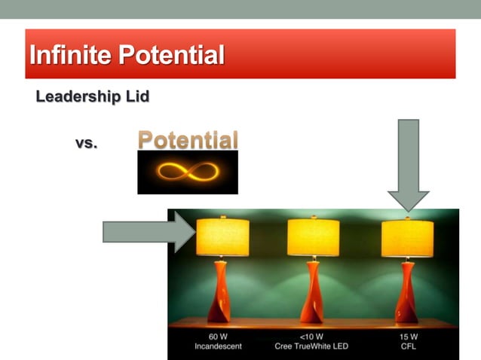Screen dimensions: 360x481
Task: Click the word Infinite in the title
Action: [x=66, y=55]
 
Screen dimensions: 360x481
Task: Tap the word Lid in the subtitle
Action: [x=138, y=97]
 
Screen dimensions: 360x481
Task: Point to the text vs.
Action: [x=86, y=142]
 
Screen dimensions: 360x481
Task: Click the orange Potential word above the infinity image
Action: [x=188, y=140]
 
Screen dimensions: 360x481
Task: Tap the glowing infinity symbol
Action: [x=187, y=172]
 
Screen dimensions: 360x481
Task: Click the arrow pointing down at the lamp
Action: [x=408, y=164]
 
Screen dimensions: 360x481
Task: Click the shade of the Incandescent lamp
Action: [x=222, y=237]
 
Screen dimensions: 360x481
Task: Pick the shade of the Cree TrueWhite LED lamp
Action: [x=313, y=237]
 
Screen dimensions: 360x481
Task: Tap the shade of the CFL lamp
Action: [x=407, y=237]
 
